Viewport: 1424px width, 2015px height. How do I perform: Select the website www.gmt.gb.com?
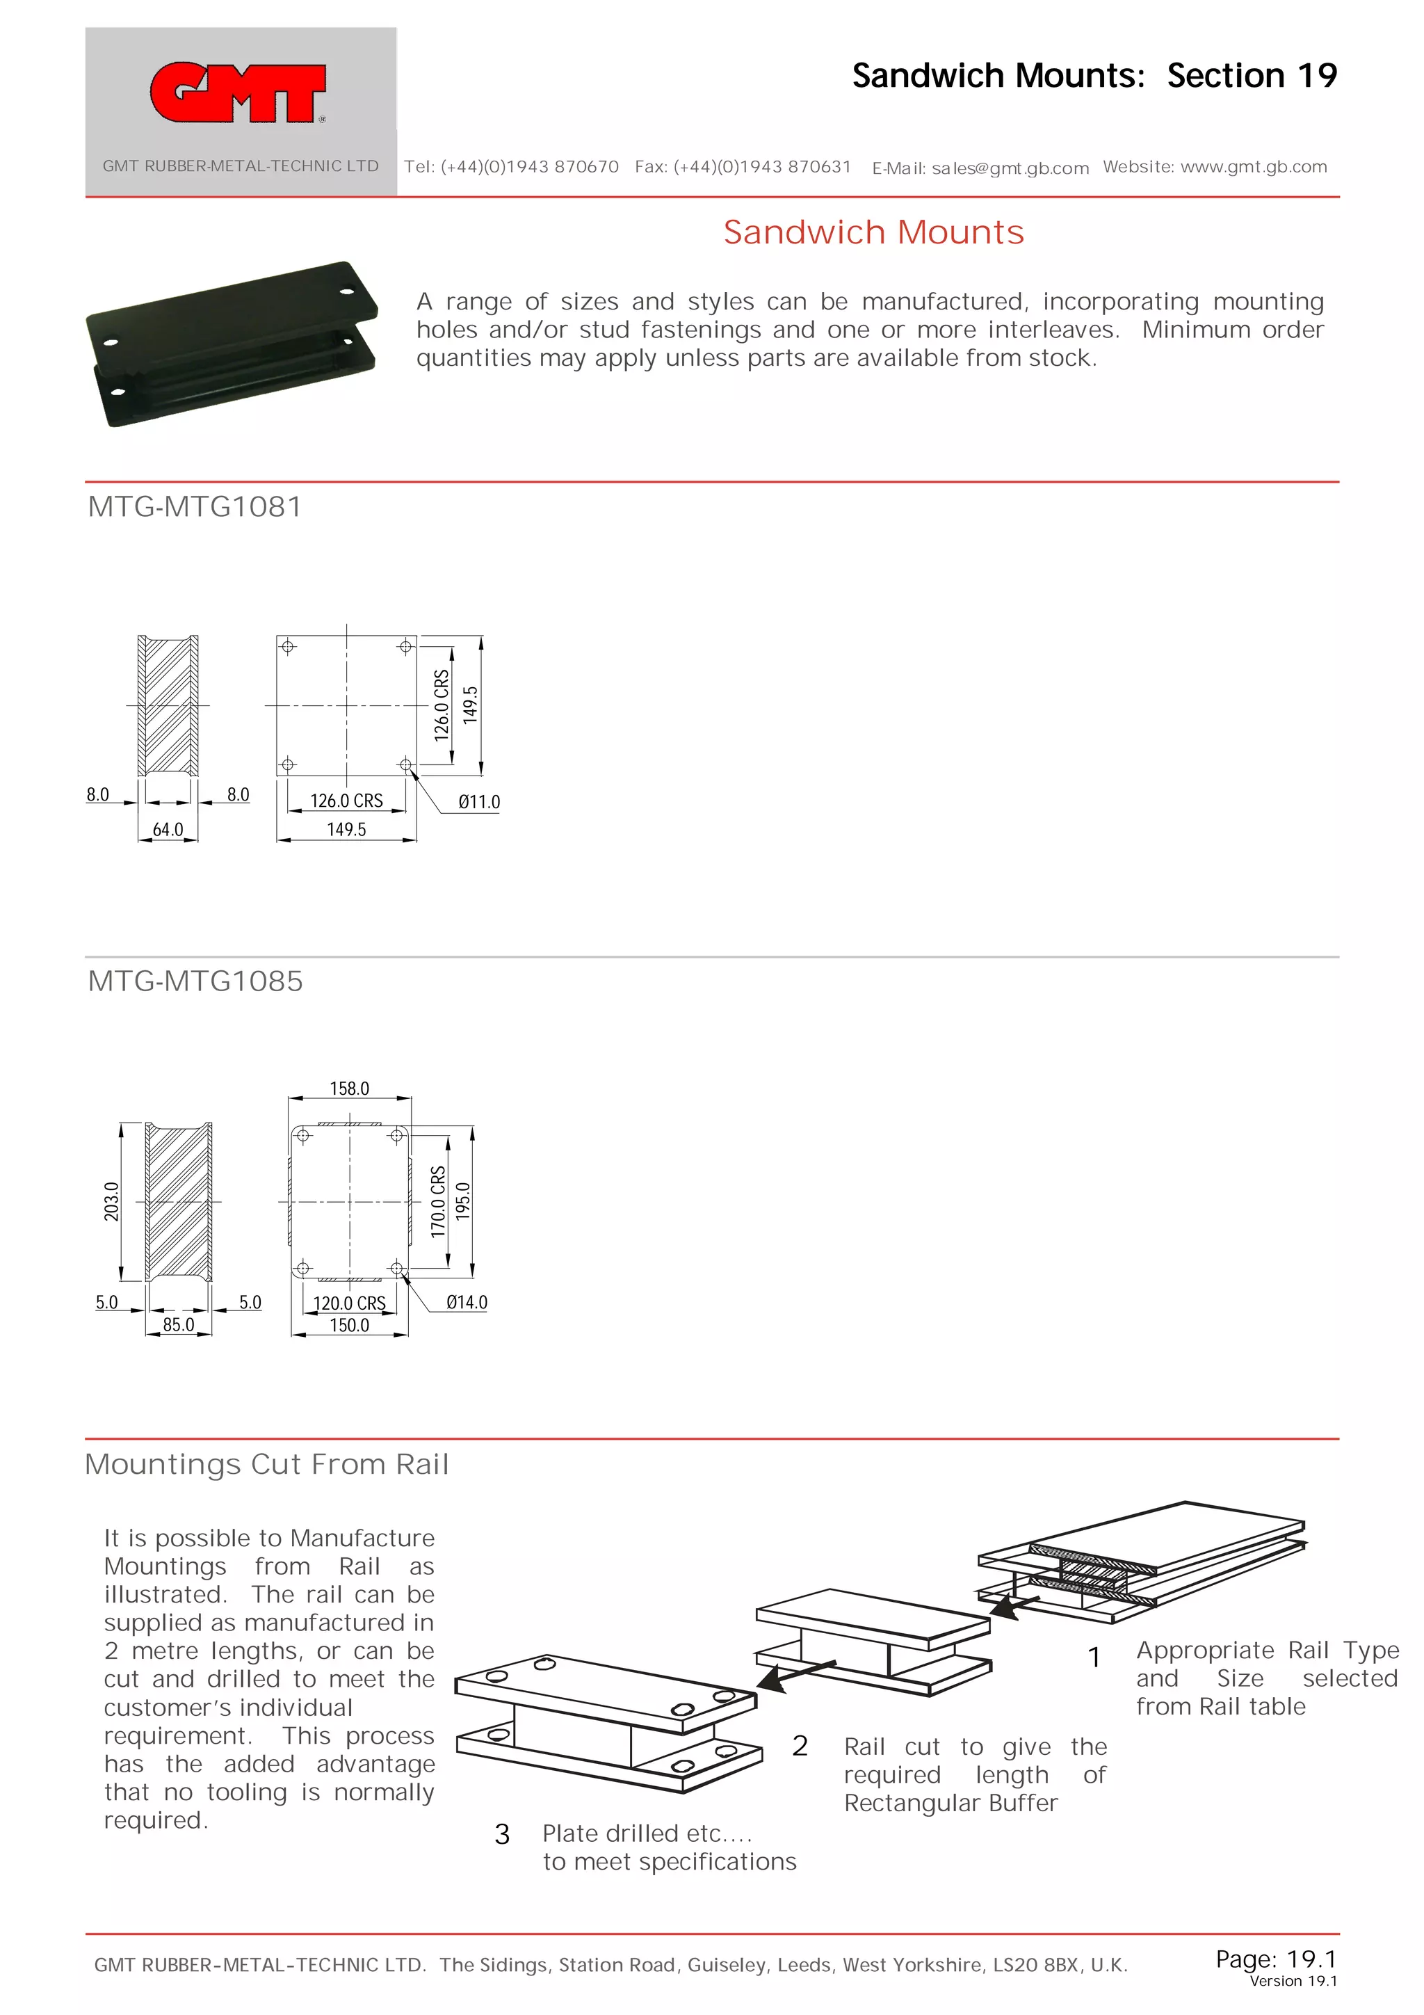pos(1253,167)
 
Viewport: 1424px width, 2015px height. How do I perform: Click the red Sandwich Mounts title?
pos(873,232)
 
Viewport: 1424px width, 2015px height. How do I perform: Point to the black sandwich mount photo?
pos(232,344)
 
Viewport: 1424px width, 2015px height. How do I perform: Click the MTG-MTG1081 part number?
pos(195,507)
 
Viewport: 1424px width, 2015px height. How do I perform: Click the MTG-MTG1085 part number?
pos(195,981)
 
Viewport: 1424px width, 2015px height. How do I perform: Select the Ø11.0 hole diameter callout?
pos(479,801)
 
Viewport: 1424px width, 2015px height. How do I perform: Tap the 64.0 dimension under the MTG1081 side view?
pos(168,829)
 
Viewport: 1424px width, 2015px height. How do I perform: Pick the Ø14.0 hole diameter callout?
pos(466,1302)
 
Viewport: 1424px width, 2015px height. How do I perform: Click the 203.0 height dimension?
pos(111,1201)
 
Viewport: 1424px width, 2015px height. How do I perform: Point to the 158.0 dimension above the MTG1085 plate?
pos(349,1089)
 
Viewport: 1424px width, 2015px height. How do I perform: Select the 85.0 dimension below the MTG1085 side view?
pos(178,1324)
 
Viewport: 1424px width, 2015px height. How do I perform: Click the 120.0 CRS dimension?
pos(349,1303)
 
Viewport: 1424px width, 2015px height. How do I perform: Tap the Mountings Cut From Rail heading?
pos(267,1464)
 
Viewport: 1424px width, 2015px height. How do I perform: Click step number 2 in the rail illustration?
pos(800,1746)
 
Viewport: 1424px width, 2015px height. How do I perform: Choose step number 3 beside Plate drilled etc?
pos(502,1834)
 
